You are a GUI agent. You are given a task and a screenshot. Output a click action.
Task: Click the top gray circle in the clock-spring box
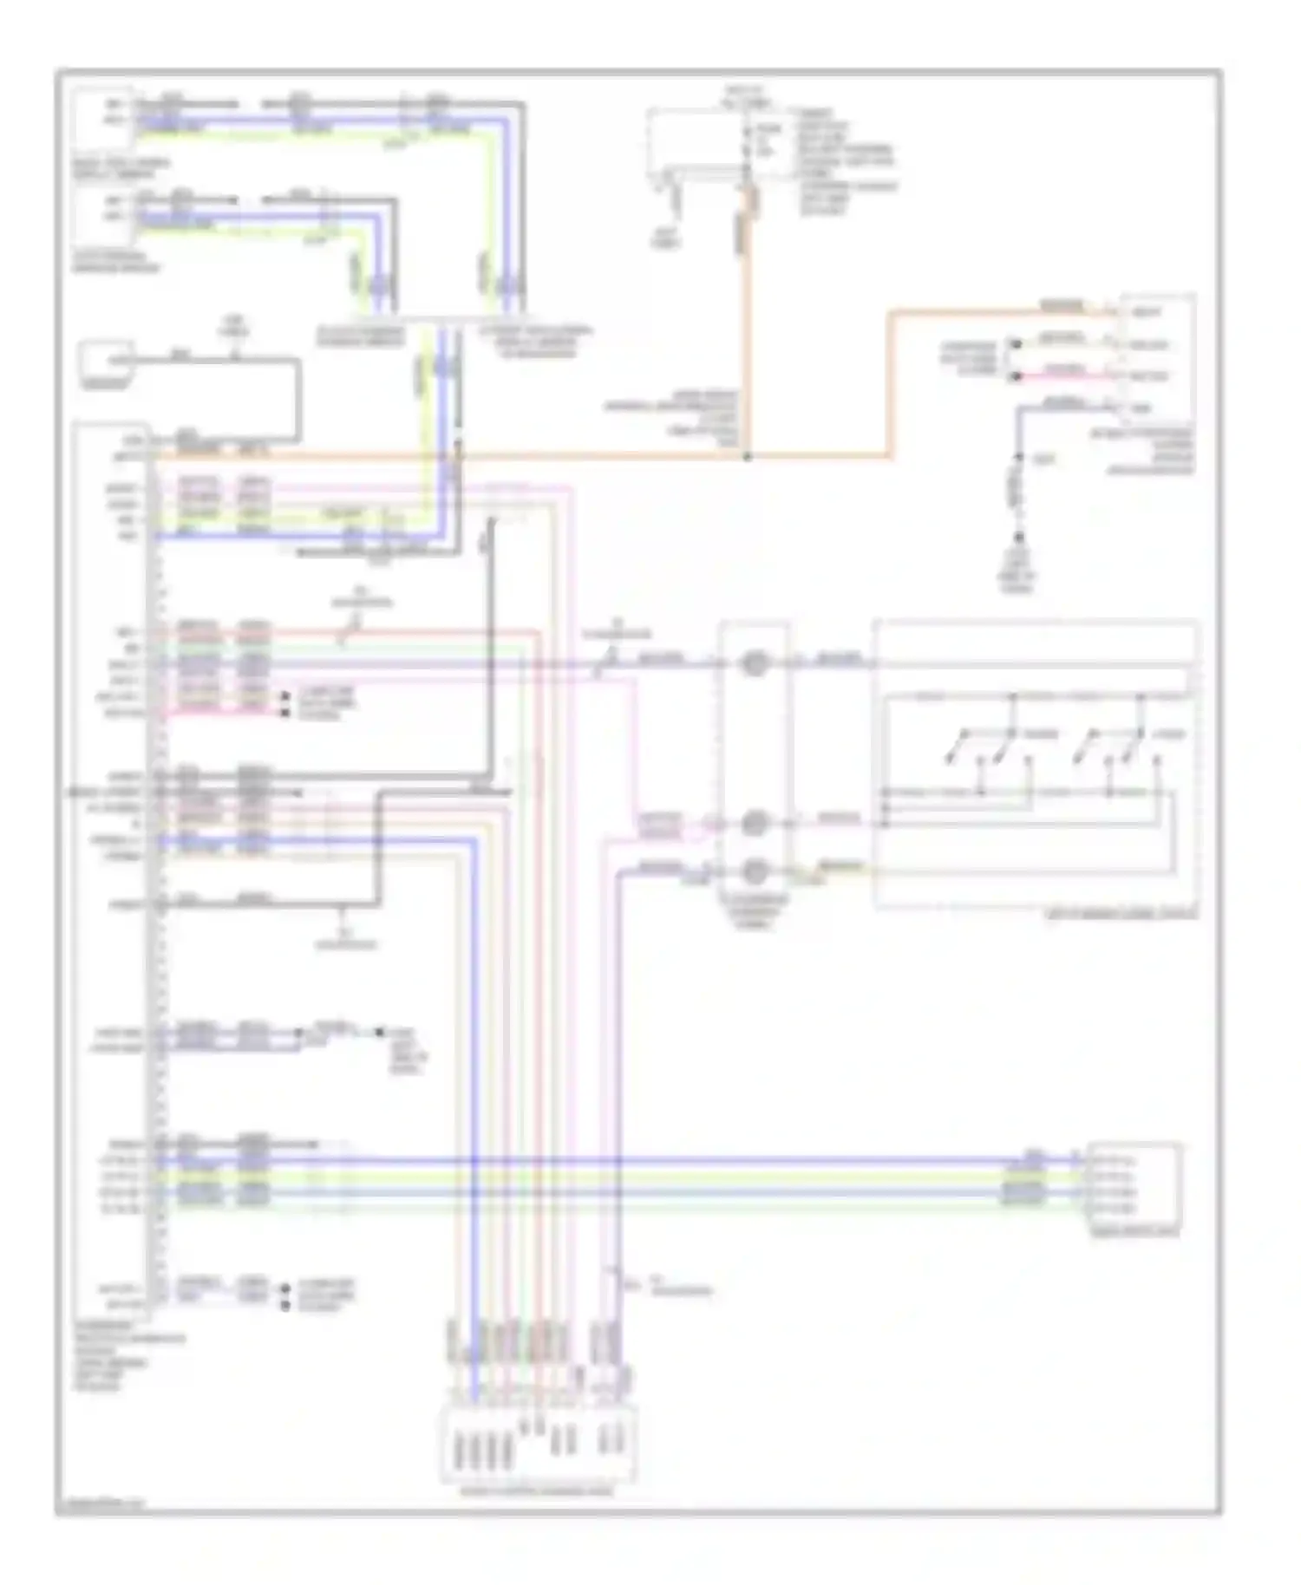pos(755,664)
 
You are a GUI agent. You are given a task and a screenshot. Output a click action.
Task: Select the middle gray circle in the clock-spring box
pos(755,822)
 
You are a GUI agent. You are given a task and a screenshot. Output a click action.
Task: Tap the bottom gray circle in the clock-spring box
pos(755,870)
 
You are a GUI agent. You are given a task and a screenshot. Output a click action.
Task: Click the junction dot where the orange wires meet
pos(748,455)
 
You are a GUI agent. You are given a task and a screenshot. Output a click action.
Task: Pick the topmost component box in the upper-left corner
pos(103,119)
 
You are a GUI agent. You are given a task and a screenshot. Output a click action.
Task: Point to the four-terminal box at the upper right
pos(1157,359)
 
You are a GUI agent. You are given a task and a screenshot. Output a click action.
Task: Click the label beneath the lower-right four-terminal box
pos(1133,1232)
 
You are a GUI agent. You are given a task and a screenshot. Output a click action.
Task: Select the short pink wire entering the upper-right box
pos(1062,375)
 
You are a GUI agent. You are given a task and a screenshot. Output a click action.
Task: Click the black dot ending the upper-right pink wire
pos(1014,376)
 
